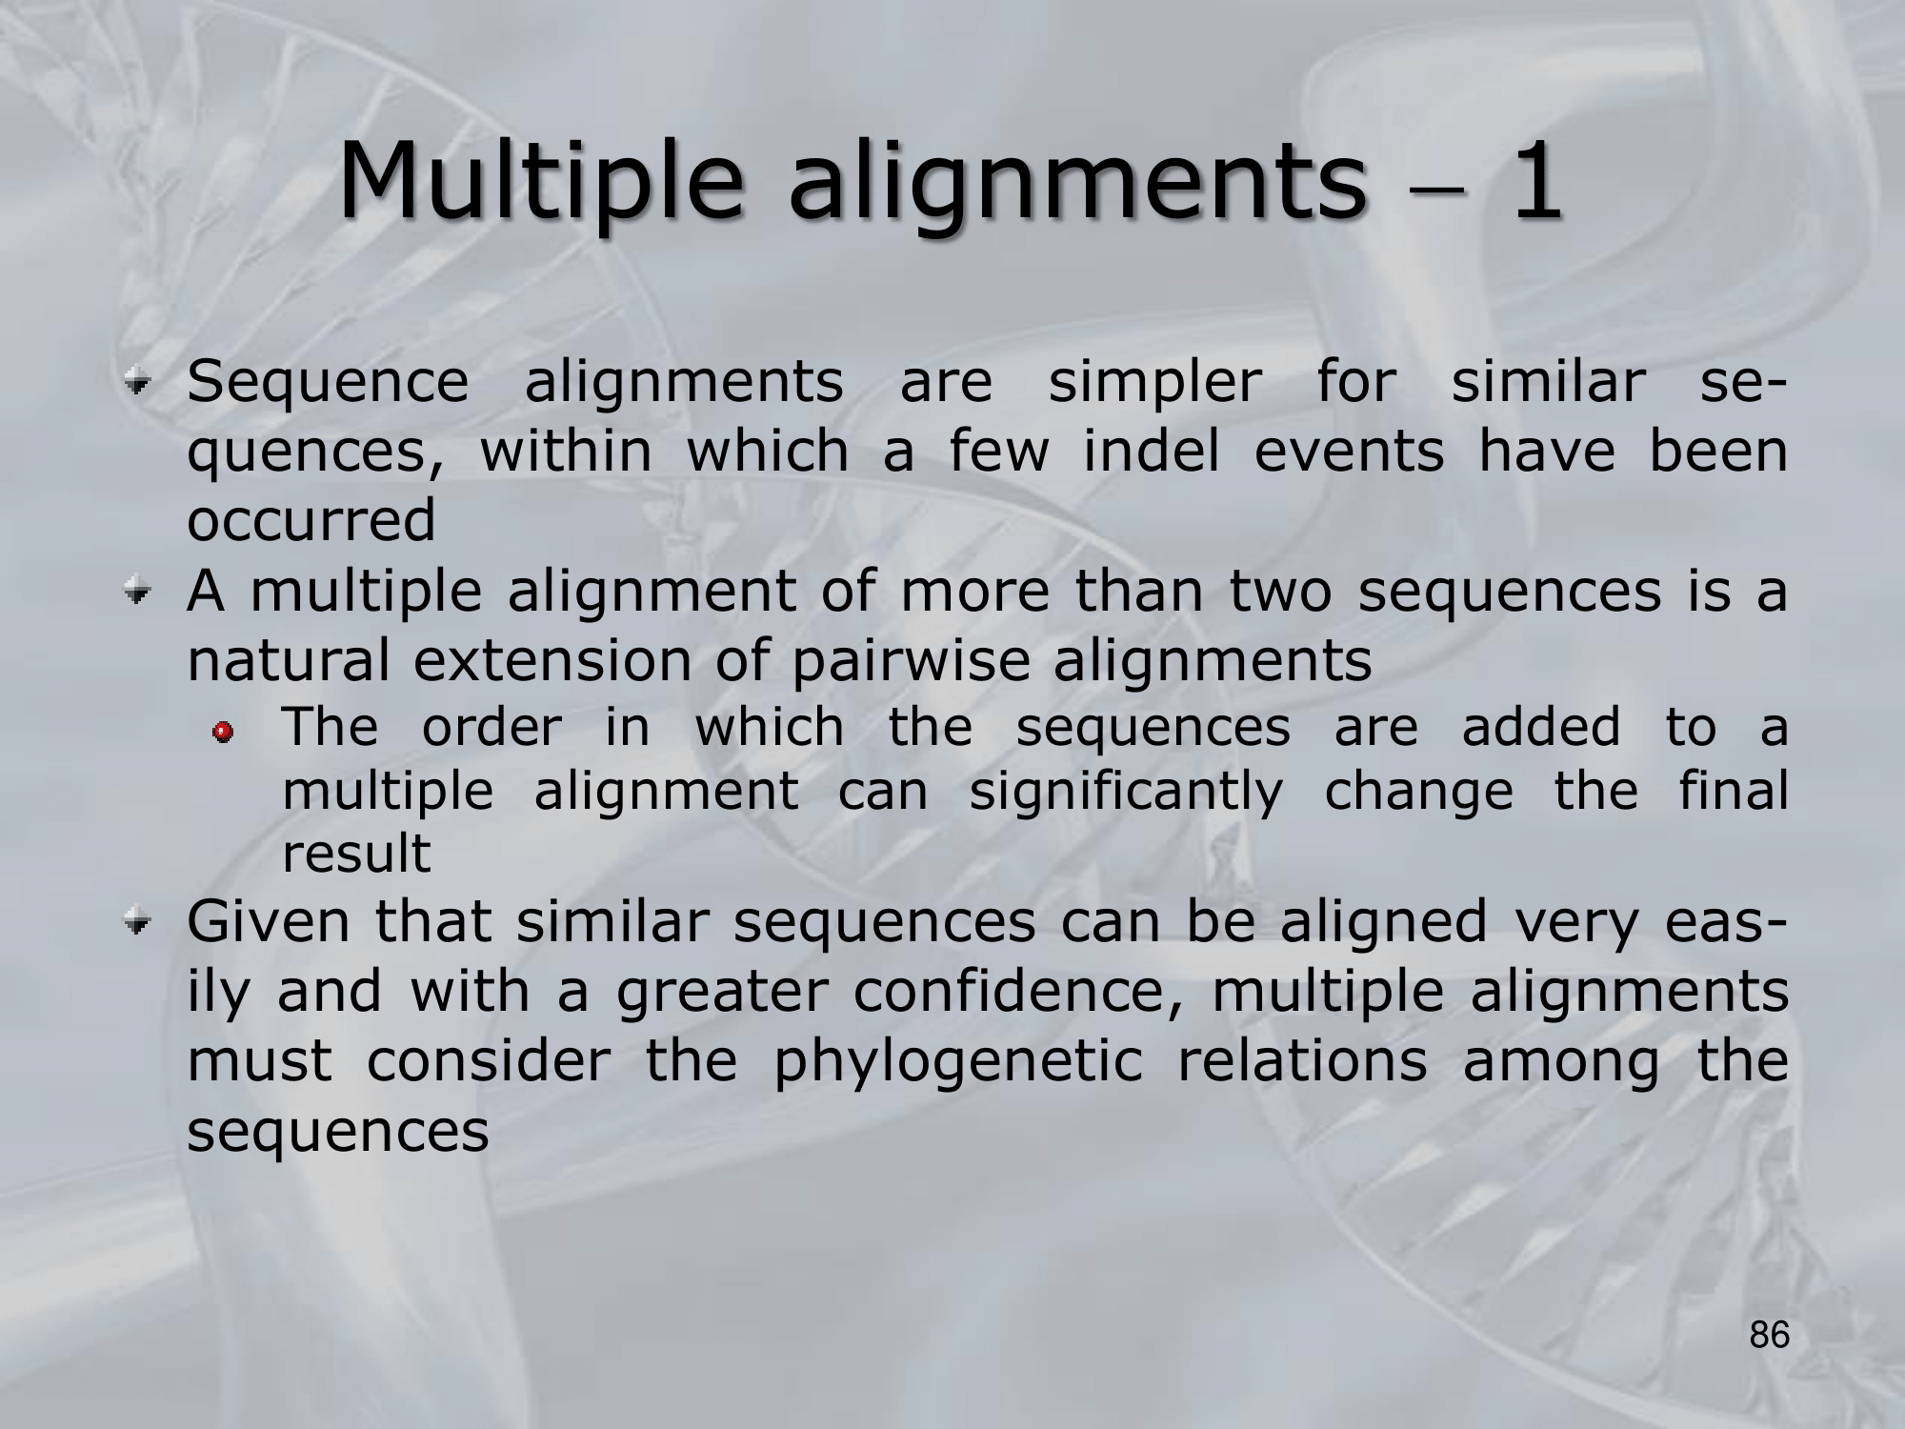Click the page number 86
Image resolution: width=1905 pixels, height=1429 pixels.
[x=1770, y=1335]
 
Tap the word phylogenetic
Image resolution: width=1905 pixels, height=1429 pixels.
[x=957, y=1061]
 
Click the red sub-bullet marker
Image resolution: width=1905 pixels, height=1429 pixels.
[x=224, y=732]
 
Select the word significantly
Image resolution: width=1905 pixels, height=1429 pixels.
[x=1126, y=793]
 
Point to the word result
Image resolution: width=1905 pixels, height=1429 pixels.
[x=356, y=853]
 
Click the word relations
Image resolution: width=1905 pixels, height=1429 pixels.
[x=1301, y=1060]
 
